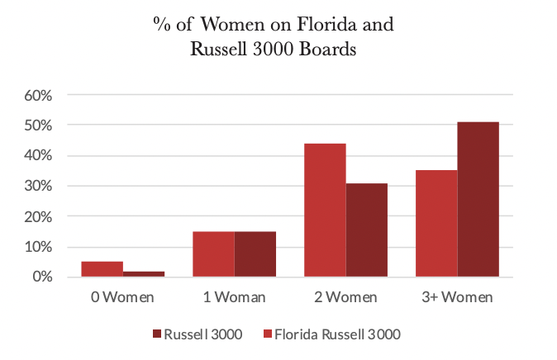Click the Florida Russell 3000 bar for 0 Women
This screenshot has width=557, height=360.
pos(102,269)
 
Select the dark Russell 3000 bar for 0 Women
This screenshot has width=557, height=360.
pos(144,274)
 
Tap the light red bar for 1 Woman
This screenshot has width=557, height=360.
pos(213,254)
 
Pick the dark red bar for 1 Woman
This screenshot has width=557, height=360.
pos(255,254)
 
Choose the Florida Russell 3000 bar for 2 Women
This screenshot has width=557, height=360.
pos(325,211)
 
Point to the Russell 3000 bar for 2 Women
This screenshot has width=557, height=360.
pos(366,230)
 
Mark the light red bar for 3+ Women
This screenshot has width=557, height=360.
pos(436,224)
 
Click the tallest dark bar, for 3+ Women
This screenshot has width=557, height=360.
pos(478,200)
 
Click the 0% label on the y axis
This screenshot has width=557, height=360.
pos(41,277)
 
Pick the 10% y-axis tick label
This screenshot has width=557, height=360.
pos(38,247)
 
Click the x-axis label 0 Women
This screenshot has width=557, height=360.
pos(123,296)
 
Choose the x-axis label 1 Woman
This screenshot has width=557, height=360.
pos(234,296)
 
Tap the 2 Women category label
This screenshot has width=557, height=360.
pos(345,296)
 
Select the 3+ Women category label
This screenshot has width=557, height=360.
pos(456,296)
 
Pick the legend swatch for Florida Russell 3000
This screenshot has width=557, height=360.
pos(268,334)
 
